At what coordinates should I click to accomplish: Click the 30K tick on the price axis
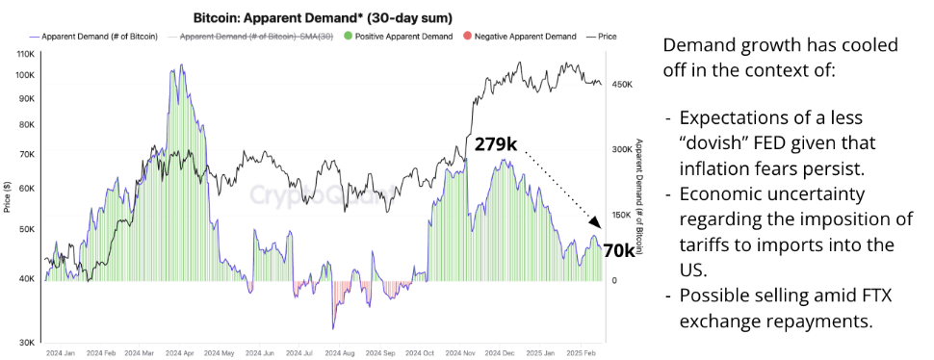point(29,342)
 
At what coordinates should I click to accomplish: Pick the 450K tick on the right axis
point(622,85)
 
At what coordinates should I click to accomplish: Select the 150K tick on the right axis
point(622,215)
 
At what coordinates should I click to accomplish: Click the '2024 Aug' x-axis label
point(338,354)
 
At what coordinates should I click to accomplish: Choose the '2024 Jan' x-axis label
point(61,354)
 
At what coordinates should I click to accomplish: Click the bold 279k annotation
point(496,144)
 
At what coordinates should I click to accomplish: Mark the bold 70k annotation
point(619,250)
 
